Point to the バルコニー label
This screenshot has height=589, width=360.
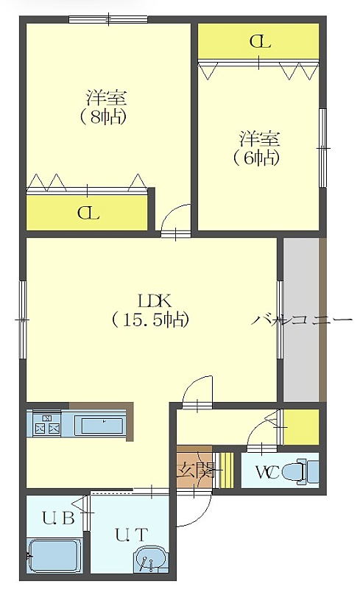point(302,320)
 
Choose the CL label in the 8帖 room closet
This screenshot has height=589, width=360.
point(88,213)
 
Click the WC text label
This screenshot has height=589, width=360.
point(267,472)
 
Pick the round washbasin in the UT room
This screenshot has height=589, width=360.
point(149,560)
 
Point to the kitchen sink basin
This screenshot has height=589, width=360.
point(102,425)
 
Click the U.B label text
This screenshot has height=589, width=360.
point(58,518)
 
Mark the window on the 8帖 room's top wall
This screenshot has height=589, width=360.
point(108,19)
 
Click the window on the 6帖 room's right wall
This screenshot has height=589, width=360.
point(322,148)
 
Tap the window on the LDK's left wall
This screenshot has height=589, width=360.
point(23,320)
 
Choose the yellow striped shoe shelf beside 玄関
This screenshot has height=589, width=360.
point(226,470)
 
